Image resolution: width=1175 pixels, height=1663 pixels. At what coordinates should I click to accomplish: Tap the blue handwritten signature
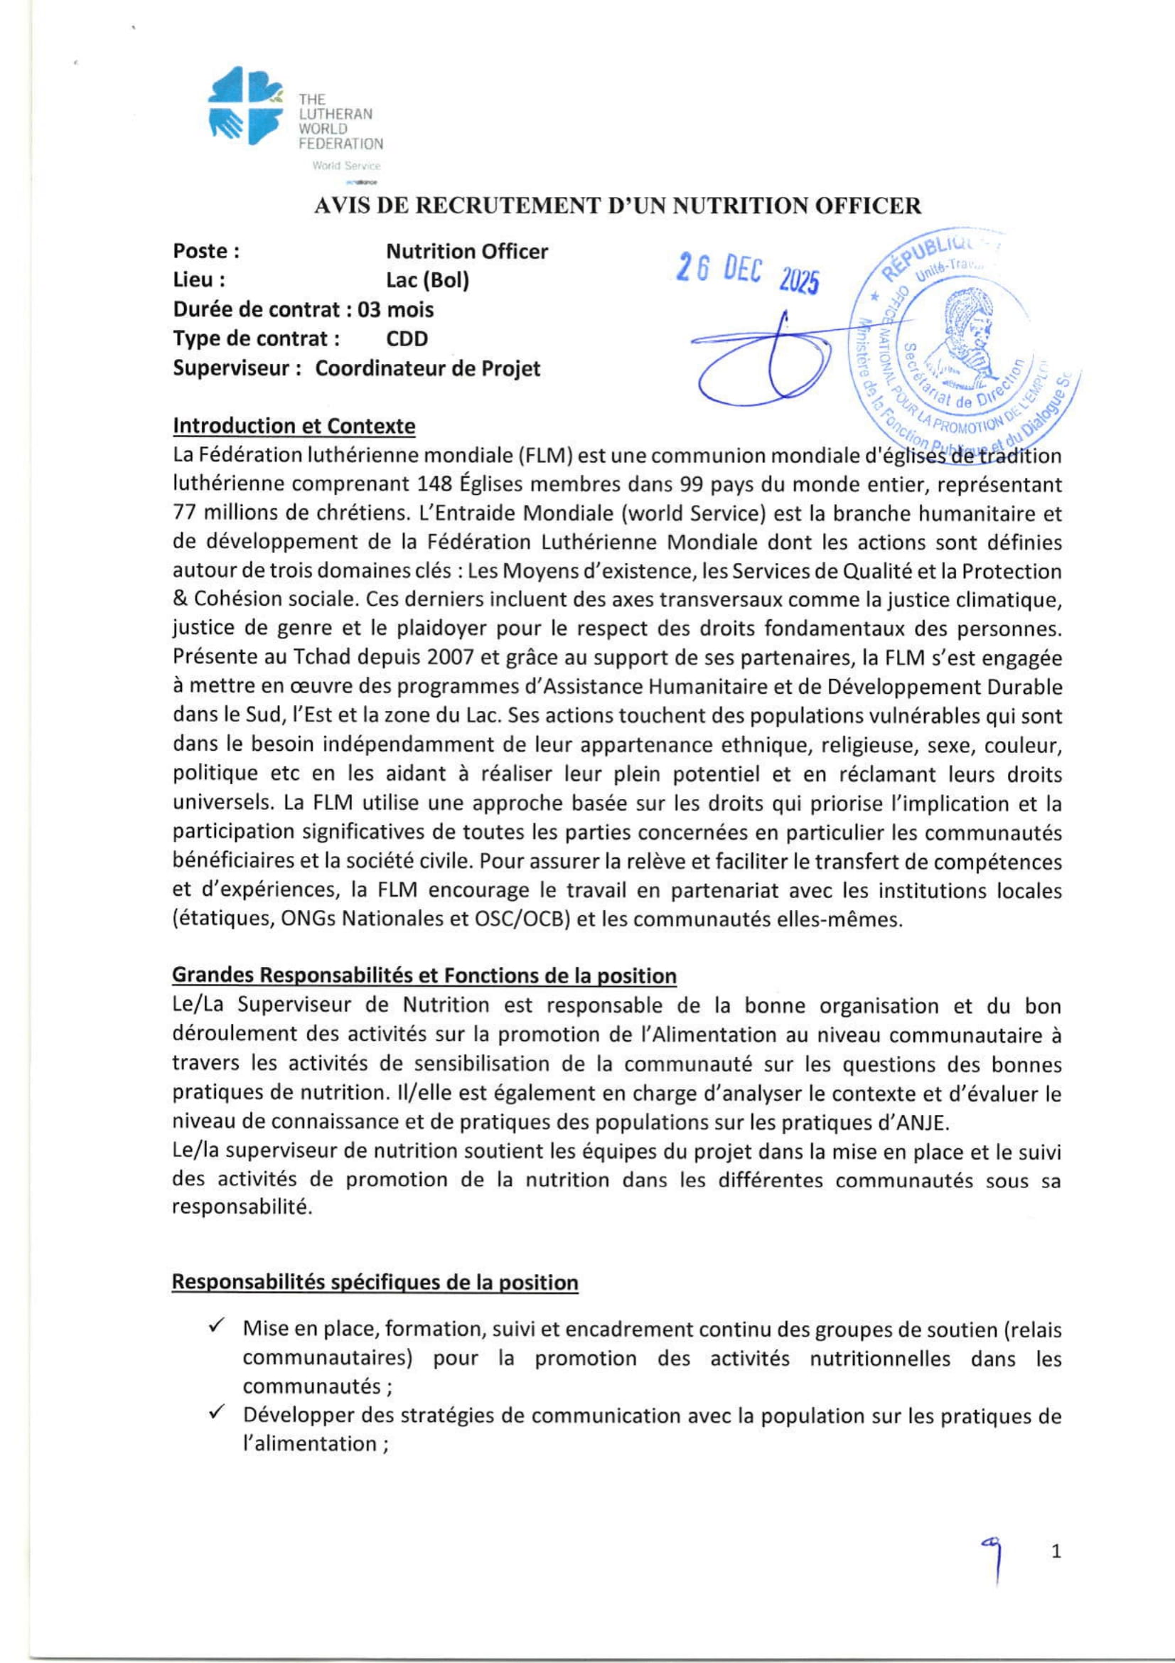tap(768, 359)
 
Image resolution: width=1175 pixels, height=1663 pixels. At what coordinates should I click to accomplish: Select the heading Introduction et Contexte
tap(294, 426)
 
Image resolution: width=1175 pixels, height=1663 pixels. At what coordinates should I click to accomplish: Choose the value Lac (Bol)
tap(427, 280)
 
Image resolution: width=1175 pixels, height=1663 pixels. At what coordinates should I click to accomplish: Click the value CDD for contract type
tap(407, 339)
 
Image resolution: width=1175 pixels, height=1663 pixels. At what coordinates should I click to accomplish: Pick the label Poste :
tap(206, 251)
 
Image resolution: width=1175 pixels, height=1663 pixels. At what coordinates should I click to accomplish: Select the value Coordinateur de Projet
tap(427, 369)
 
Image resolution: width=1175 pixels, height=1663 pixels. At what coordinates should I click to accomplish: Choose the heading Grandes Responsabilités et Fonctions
tap(424, 976)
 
